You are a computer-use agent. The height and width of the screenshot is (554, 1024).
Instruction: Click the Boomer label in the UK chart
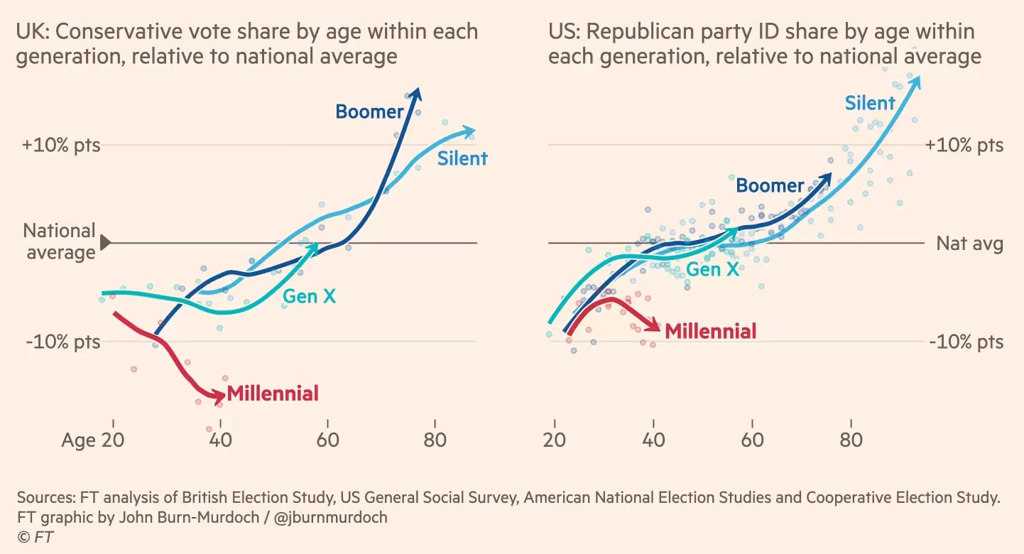pos(369,112)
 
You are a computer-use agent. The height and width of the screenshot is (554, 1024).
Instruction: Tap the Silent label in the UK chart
pos(462,158)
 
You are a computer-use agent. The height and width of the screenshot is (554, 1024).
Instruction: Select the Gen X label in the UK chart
pos(310,295)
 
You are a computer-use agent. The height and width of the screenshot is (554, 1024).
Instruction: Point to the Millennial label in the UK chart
pos(273,393)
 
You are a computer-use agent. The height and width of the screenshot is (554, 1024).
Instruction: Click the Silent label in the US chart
pos(870,104)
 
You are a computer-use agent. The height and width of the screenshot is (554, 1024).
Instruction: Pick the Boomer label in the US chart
pos(770,186)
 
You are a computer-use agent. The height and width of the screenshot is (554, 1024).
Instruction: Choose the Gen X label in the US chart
pos(712,269)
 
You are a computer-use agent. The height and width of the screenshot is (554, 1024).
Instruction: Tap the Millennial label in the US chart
pos(710,330)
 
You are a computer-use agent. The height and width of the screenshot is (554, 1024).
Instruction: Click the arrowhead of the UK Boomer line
pos(416,93)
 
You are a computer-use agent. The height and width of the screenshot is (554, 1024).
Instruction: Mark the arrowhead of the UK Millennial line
pos(220,395)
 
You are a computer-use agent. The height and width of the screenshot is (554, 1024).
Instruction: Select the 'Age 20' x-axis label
pos(93,440)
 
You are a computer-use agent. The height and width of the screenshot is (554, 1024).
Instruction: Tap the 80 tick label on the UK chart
pos(435,440)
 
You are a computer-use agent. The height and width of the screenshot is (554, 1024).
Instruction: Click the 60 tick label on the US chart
pos(752,440)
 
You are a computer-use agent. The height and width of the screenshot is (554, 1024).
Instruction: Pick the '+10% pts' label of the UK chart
pos(61,146)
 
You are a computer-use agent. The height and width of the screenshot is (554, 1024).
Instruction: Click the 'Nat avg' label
pos(969,244)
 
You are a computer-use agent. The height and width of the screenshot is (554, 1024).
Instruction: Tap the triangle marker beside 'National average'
pos(106,243)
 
